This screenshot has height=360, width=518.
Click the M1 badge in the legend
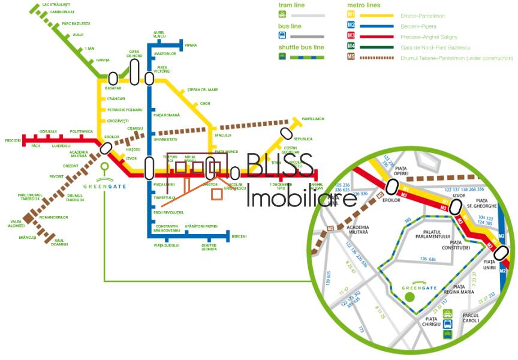tap(351, 15)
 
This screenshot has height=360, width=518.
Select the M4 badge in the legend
tap(351, 47)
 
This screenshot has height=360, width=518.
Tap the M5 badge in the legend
tap(351, 58)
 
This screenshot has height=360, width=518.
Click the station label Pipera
tap(191, 45)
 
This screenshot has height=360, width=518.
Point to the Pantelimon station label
tap(313, 119)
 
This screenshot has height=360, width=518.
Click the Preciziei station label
tap(13, 140)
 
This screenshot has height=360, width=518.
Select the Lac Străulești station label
tap(56, 4)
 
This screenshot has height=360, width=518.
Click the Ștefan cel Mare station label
tap(202, 89)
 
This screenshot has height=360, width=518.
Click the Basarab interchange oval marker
tap(113, 78)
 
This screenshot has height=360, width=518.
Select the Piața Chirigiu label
tap(432, 321)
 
